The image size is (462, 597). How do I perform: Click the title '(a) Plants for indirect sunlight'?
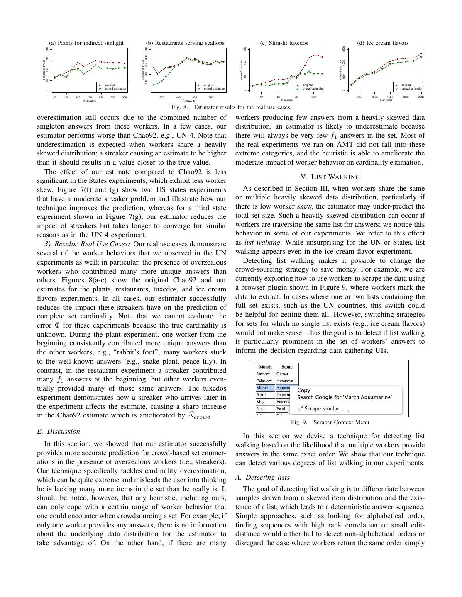click(x=86, y=43)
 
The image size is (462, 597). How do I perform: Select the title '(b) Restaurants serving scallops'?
click(x=185, y=43)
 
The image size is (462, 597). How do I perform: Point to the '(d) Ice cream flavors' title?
click(x=383, y=43)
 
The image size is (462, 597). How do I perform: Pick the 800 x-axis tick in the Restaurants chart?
click(x=211, y=97)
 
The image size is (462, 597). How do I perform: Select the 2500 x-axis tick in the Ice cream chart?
click(x=421, y=97)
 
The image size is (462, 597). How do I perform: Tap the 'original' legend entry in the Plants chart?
click(x=110, y=85)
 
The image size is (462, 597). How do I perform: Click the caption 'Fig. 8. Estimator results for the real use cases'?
click(x=231, y=107)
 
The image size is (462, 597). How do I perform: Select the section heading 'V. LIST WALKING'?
click(x=330, y=177)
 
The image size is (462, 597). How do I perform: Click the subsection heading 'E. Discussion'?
click(x=59, y=431)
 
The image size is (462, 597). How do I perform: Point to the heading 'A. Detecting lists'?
click(x=262, y=477)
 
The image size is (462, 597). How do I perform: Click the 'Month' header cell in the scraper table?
click(x=265, y=367)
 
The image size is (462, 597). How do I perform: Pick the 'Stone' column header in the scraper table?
click(x=287, y=367)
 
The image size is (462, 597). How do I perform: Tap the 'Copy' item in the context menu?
click(x=304, y=390)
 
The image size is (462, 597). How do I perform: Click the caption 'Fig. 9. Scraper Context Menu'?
click(x=330, y=422)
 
